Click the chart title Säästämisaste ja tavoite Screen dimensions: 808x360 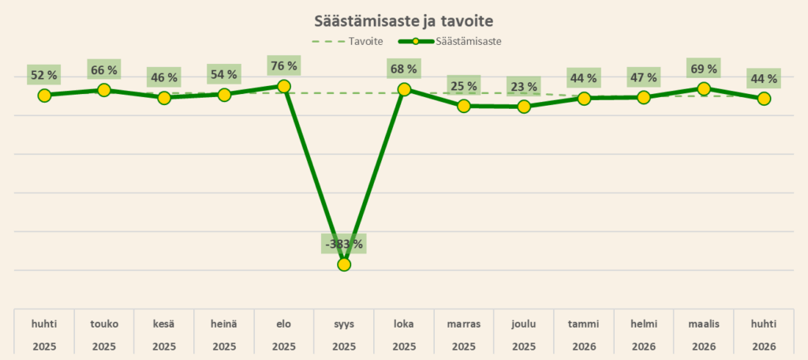coord(404,21)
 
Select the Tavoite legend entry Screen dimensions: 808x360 coord(347,42)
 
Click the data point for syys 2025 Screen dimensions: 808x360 coord(344,264)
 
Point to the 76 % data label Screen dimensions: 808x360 coord(284,66)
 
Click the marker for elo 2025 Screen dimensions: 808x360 coord(283,86)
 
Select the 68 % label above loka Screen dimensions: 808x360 coord(404,69)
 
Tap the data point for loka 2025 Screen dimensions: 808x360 coord(404,90)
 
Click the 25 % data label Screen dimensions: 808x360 coord(464,85)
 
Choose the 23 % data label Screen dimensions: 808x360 coord(524,86)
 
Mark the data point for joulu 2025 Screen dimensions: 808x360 coord(524,107)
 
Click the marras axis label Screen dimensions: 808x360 coord(464,324)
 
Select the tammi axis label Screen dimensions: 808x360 coord(584,324)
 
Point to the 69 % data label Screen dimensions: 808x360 coord(703,68)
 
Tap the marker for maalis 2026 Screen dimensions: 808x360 coord(703,88)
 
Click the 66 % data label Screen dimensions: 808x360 coord(104,69)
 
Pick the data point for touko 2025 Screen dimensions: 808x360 coord(104,90)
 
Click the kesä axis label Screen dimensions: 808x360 coord(164,324)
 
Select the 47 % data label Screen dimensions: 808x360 coord(644,77)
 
